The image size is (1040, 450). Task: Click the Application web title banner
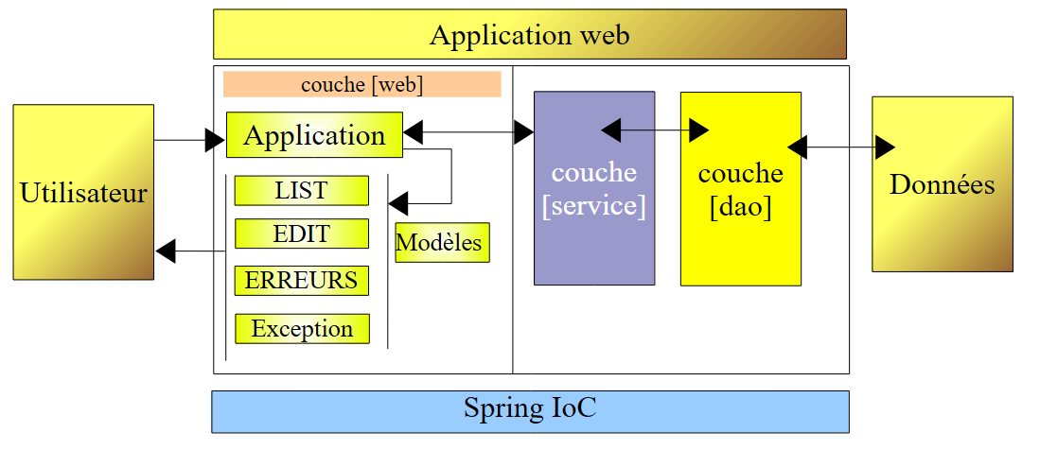[529, 35]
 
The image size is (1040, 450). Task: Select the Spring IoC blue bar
[530, 411]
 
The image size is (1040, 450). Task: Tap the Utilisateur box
[83, 192]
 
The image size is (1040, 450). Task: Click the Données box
[942, 183]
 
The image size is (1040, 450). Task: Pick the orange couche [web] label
[361, 84]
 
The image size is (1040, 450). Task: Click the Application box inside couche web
[314, 134]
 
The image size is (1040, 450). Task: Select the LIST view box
[301, 190]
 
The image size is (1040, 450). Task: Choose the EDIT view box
[301, 234]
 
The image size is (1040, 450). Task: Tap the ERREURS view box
[301, 281]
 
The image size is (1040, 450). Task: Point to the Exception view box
[302, 329]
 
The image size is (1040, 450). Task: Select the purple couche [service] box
[593, 188]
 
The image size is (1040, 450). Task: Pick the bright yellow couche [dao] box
[740, 188]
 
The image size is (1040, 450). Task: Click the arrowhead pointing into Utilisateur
[166, 251]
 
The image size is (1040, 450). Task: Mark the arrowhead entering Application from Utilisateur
[216, 141]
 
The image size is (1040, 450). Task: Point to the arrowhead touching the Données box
[885, 147]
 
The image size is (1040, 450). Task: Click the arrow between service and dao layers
[656, 127]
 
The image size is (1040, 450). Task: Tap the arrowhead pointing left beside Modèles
[397, 202]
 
